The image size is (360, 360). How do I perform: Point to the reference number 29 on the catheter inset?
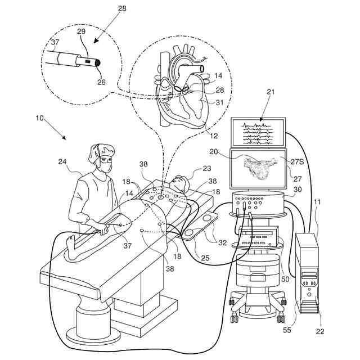click(x=81, y=33)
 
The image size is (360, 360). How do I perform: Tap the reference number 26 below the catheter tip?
click(x=101, y=82)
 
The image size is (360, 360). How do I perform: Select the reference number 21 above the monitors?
click(x=271, y=92)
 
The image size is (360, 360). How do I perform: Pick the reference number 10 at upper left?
click(x=39, y=118)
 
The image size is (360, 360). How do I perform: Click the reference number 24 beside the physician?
click(x=62, y=162)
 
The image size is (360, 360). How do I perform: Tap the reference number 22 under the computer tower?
click(x=319, y=331)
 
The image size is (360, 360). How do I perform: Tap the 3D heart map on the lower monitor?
click(x=258, y=167)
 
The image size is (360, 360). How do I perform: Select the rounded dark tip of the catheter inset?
click(x=99, y=63)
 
